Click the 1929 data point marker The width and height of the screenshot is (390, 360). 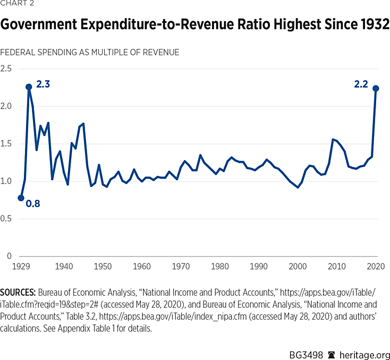[21, 198]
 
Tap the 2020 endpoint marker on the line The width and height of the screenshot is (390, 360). [376, 88]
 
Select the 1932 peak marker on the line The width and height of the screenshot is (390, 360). [29, 87]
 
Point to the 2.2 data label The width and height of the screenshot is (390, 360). [361, 84]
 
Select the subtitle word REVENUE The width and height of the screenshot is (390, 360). [161, 52]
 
